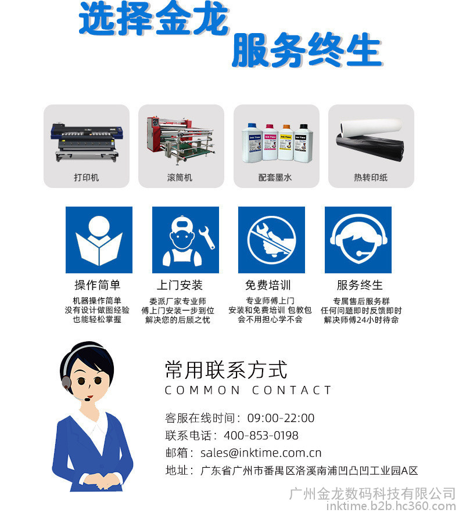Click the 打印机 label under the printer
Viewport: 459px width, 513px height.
pyautogui.click(x=86, y=178)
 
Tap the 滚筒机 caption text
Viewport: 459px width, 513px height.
pyautogui.click(x=180, y=178)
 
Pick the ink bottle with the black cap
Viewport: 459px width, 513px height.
pyautogui.click(x=303, y=143)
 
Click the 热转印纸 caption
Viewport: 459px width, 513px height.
pyautogui.click(x=371, y=178)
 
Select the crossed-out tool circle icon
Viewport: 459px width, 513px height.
pyautogui.click(x=271, y=240)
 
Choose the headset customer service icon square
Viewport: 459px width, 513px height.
pyautogui.click(x=358, y=240)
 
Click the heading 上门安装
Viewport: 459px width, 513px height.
pyautogui.click(x=180, y=285)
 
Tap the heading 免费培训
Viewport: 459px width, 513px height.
pyautogui.click(x=268, y=285)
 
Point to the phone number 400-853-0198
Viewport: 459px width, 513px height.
pyautogui.click(x=261, y=435)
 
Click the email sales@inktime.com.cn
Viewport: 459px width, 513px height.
pyautogui.click(x=261, y=453)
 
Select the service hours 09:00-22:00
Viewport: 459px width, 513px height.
pyautogui.click(x=281, y=418)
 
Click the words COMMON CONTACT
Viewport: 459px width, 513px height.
pyautogui.click(x=248, y=390)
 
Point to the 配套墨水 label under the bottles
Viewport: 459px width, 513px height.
pyautogui.click(x=275, y=178)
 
